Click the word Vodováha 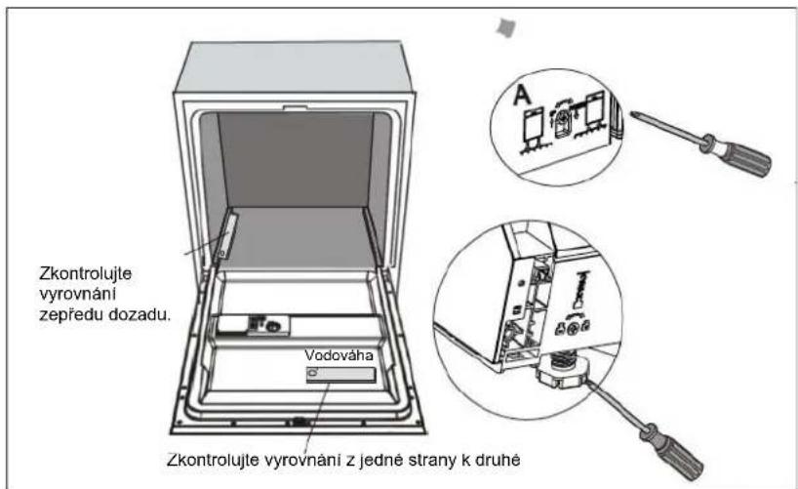click(339, 355)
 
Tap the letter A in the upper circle click(522, 96)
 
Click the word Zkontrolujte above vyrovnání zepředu click(86, 274)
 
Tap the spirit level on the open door click(341, 376)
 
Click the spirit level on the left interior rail click(227, 236)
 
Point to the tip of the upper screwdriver click(632, 113)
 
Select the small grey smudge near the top click(506, 27)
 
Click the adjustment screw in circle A click(565, 120)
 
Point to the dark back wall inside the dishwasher click(296, 159)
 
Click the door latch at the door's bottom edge click(299, 422)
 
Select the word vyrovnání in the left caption click(78, 294)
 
